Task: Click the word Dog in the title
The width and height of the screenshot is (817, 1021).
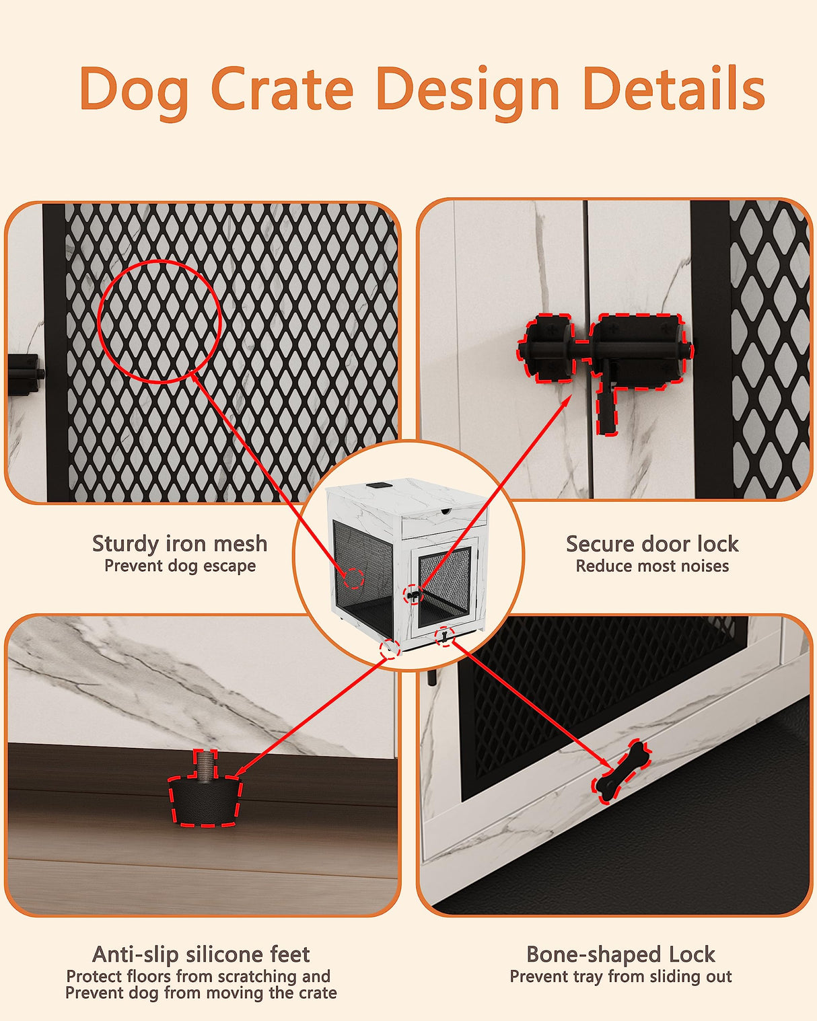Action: pos(133,89)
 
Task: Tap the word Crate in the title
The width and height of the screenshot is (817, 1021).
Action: pos(282,89)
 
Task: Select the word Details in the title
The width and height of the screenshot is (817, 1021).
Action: pos(673,89)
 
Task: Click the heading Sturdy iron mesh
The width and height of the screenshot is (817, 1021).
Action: pos(180,543)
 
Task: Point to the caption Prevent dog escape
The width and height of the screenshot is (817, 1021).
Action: pos(180,566)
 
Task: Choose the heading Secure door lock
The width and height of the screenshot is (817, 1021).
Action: pos(651,543)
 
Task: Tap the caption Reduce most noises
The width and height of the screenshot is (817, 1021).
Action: pos(651,566)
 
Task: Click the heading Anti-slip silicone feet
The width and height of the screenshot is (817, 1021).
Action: pos(201,954)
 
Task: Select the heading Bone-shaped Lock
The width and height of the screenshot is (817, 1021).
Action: pos(620,954)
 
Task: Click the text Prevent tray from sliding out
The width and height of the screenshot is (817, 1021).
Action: pos(620,977)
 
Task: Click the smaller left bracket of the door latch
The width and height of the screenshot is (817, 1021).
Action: pos(547,349)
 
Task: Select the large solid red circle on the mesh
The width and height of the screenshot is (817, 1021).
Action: pos(159,322)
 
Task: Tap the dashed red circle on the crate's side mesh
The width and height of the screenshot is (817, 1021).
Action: pos(355,578)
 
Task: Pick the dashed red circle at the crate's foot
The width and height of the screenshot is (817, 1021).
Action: pos(390,648)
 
